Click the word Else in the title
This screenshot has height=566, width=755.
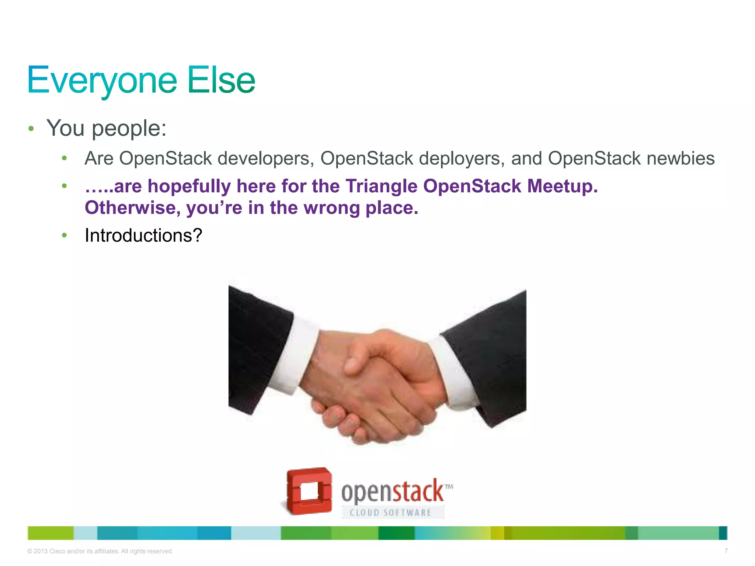[221, 80]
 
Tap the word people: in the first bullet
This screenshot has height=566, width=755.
[129, 129]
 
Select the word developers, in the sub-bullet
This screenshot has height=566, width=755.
[265, 158]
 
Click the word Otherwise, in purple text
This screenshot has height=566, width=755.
[133, 208]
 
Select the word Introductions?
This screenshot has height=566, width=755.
[143, 235]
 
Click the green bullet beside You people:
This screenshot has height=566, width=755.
[31, 129]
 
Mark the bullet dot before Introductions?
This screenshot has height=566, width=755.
[65, 235]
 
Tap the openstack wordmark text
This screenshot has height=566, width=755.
[392, 492]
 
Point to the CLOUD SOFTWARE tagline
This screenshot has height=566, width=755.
[391, 513]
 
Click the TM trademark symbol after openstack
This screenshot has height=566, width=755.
[449, 487]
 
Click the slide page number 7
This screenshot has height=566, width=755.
[726, 551]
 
